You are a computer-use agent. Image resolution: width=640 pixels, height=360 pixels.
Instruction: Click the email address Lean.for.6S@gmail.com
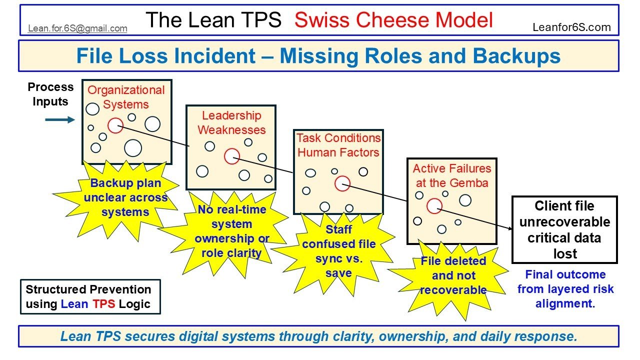[77, 28]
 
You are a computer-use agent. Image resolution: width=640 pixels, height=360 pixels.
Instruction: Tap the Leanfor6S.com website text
[571, 27]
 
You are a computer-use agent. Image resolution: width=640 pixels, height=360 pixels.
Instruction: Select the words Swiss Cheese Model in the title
[393, 20]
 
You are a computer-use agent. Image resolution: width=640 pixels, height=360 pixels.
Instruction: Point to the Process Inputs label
[50, 94]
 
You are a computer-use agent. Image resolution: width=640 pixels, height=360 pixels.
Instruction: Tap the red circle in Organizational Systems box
[115, 125]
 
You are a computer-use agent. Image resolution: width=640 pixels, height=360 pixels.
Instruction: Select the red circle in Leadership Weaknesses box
[231, 156]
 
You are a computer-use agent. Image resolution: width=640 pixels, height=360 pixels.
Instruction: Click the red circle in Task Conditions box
[342, 183]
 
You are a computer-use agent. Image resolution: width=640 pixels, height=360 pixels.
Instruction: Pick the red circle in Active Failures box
[434, 205]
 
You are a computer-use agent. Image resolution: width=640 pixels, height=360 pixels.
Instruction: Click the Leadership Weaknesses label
[231, 123]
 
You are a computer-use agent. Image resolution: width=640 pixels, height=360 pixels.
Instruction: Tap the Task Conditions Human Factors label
[338, 145]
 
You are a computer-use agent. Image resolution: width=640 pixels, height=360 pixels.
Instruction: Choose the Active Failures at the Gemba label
[452, 176]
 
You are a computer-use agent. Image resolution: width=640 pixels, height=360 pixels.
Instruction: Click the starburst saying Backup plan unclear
[125, 197]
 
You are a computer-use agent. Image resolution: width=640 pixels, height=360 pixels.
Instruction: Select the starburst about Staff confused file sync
[338, 251]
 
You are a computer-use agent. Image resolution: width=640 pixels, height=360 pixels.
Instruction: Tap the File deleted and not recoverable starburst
[453, 275]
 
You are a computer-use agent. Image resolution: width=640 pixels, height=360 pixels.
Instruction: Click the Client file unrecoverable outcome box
[564, 229]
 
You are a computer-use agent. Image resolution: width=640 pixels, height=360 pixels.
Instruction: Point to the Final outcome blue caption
[565, 289]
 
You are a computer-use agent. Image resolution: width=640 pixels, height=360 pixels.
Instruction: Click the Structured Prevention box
[90, 296]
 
